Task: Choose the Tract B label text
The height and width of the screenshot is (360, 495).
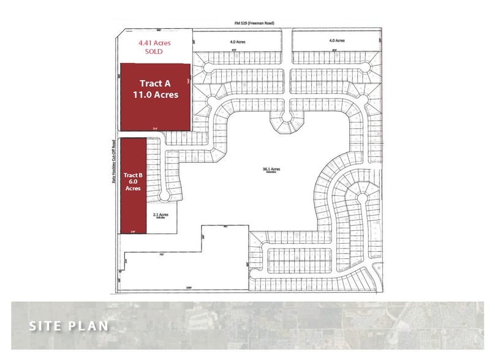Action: tap(133, 175)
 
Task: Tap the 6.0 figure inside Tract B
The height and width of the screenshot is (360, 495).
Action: tap(133, 182)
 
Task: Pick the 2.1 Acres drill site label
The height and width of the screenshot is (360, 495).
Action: tap(160, 216)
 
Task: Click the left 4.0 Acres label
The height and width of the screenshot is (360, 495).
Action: tap(238, 41)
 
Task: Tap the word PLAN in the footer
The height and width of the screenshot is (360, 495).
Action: tap(88, 326)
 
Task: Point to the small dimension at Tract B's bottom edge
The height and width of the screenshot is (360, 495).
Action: tap(133, 231)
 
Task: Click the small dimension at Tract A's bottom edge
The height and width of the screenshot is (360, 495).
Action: tap(155, 128)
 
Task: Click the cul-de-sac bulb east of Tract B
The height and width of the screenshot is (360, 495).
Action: tap(164, 196)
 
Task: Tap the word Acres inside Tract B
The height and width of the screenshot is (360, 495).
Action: tap(133, 189)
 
